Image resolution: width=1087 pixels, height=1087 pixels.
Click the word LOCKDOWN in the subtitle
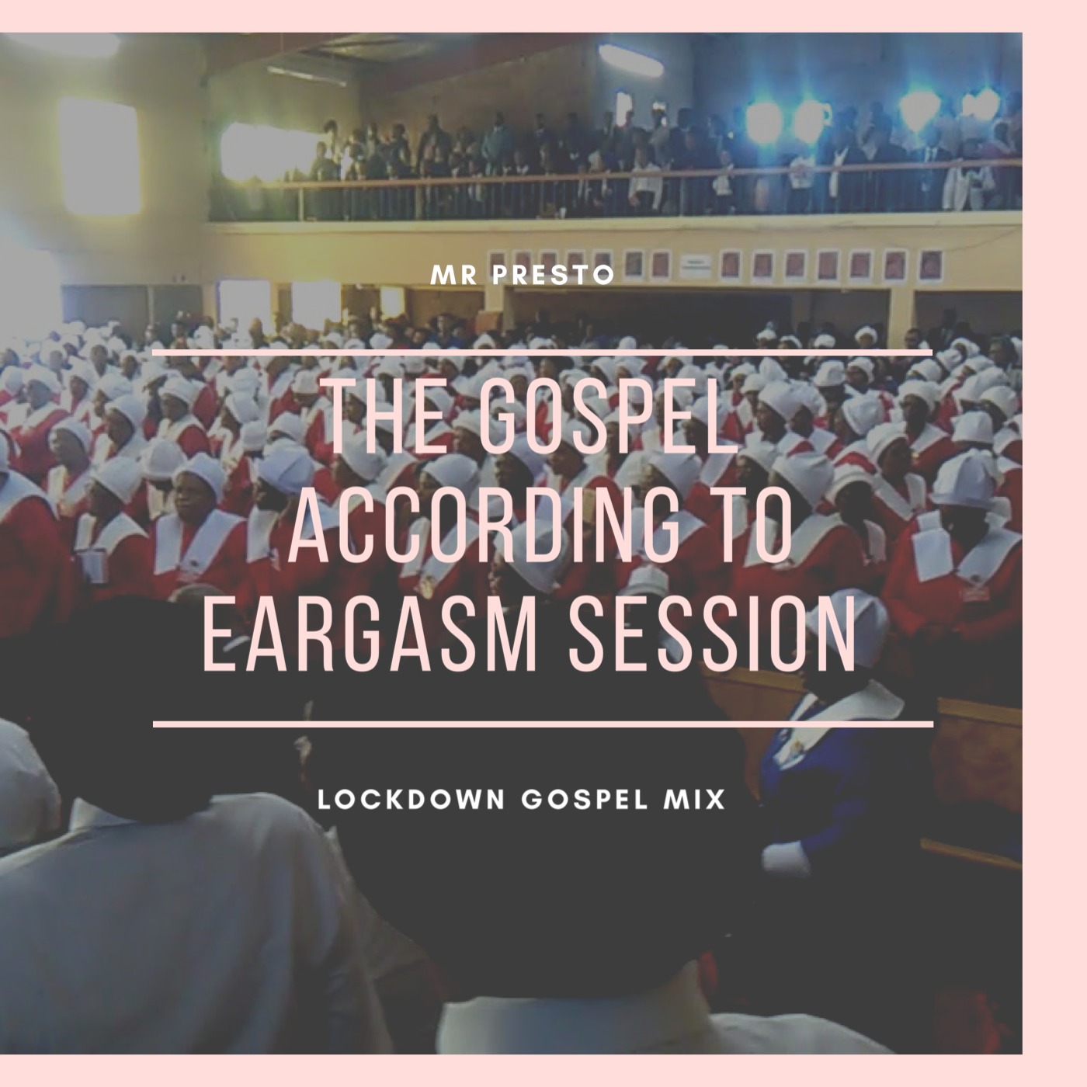pos(412,800)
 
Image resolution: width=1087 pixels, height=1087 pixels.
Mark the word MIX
pos(700,800)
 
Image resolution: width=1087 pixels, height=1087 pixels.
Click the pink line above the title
pos(543,352)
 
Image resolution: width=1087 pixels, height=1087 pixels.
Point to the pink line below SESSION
pos(543,724)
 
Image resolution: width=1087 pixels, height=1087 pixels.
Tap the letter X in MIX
pos(716,800)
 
